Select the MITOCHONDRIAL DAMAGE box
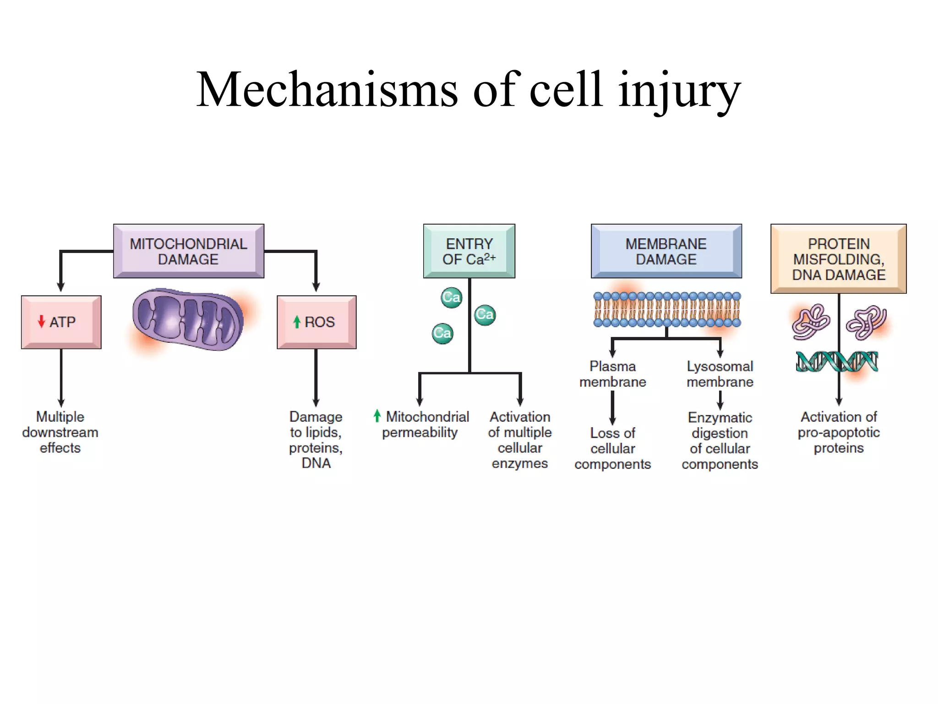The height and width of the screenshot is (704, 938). [x=188, y=251]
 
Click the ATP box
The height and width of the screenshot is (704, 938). [x=61, y=322]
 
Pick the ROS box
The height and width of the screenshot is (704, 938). [x=316, y=322]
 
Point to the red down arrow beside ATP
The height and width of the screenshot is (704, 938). [x=42, y=321]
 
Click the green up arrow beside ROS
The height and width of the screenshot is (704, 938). [x=297, y=322]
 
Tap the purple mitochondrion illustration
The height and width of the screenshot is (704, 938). [x=188, y=319]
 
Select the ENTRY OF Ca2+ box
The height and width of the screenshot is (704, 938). [x=469, y=251]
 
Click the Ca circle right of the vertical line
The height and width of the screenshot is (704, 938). [x=485, y=315]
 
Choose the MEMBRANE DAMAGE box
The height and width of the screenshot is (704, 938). [x=666, y=251]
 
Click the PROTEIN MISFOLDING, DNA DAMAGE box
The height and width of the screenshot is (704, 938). [x=838, y=259]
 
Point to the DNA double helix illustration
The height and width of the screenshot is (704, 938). [x=837, y=362]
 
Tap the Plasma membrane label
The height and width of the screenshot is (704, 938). [x=612, y=374]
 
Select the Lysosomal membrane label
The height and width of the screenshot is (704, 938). [x=720, y=374]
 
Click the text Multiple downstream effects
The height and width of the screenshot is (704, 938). [x=60, y=432]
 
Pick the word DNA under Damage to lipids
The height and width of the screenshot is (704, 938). [x=316, y=463]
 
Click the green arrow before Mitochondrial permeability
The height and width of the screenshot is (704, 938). [x=377, y=416]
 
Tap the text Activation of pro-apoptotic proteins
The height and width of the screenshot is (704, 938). [x=838, y=432]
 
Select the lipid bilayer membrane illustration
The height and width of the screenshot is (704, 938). [x=666, y=310]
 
